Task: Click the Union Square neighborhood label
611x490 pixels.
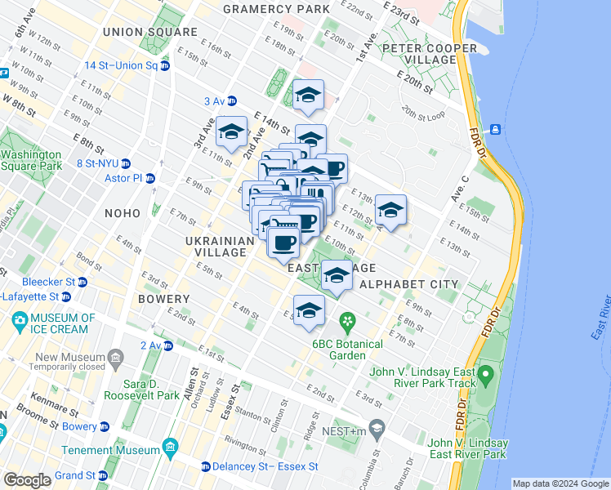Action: tap(150, 32)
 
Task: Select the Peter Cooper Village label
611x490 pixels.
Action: tap(429, 54)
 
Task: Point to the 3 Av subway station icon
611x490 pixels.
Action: tap(232, 101)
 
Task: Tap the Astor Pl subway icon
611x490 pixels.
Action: tap(150, 178)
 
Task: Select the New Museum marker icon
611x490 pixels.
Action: tap(117, 358)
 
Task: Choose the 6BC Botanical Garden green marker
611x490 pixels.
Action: tap(347, 320)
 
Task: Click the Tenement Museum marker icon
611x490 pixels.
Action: tap(170, 448)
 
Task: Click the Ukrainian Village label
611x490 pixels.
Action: tap(216, 247)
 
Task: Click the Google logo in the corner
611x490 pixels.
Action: tap(27, 479)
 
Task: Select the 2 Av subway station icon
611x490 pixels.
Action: tap(167, 345)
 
